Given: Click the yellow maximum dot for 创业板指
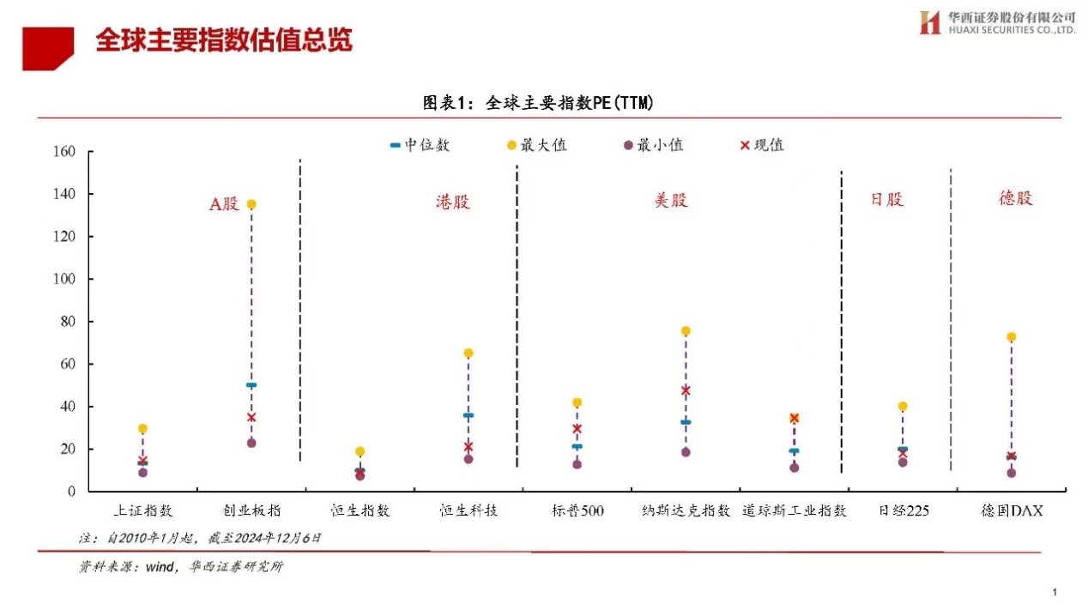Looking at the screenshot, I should (x=251, y=204).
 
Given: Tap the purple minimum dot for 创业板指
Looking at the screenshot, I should (x=251, y=443).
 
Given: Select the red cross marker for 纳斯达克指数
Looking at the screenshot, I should (x=686, y=390).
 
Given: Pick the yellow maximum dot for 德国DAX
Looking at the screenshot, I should (x=1012, y=337).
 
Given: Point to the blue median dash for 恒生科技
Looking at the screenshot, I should (x=468, y=415).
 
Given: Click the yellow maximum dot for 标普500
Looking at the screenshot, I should (x=577, y=402).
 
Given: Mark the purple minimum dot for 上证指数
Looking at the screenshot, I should (x=142, y=473).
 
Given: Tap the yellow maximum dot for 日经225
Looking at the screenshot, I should (x=903, y=407).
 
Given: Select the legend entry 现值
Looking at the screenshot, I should (x=762, y=145).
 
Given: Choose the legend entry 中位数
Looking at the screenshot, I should (x=420, y=145).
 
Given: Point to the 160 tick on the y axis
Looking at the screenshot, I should (x=65, y=152).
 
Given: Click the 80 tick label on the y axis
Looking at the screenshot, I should (x=69, y=322).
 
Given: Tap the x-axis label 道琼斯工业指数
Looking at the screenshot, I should (x=795, y=510).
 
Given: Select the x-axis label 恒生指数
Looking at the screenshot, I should (x=360, y=510).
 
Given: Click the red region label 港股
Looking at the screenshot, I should (x=453, y=202).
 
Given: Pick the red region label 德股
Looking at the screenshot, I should (x=1015, y=198).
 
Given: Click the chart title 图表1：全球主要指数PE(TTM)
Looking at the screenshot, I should (x=538, y=103).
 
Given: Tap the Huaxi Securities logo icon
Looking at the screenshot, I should (x=930, y=22).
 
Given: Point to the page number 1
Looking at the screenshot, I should (x=1054, y=592).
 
